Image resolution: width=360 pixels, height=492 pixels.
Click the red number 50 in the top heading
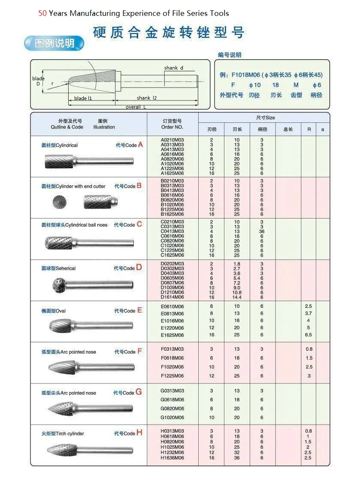[42, 13]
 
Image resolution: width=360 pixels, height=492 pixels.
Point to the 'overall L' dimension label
[136, 107]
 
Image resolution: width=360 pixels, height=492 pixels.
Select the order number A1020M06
[172, 164]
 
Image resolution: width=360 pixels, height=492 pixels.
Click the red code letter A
[140, 145]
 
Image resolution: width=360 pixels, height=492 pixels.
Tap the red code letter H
[139, 433]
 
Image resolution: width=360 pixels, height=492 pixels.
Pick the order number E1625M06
[172, 335]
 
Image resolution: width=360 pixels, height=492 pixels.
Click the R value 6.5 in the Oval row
[309, 335]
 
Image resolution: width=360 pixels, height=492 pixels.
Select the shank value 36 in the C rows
[262, 231]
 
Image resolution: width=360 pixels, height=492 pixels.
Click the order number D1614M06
[172, 297]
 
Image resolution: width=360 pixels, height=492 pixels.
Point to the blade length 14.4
[237, 297]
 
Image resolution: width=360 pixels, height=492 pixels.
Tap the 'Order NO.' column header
[172, 127]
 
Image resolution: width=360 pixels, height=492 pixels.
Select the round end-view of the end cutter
[60, 202]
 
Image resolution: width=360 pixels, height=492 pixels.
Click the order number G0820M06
[172, 409]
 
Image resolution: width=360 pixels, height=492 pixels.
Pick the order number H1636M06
[172, 458]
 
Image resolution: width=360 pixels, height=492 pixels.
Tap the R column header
[309, 129]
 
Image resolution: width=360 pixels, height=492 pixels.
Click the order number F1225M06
[172, 376]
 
